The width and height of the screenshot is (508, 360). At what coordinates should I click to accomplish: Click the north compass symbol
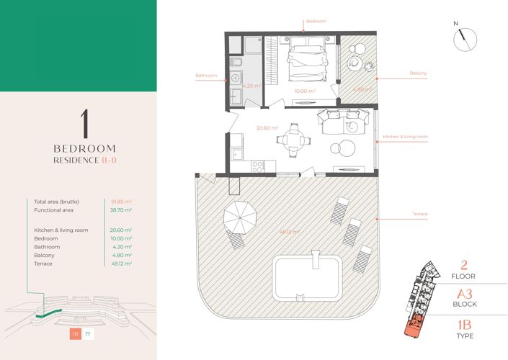point(465,39)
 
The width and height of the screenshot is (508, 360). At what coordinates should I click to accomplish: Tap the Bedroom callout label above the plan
point(316,22)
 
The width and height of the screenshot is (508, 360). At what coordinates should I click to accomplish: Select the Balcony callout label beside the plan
point(418,73)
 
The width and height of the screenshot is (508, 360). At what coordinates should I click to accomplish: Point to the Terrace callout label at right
point(420,214)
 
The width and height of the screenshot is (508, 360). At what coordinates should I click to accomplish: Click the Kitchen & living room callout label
point(405,137)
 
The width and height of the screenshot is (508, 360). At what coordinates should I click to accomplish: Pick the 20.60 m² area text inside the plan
point(267,128)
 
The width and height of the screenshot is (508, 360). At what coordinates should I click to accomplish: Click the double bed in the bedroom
point(306,59)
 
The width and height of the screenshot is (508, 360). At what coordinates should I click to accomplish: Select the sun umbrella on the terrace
point(240,216)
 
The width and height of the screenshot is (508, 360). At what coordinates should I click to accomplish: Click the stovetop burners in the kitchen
point(258,167)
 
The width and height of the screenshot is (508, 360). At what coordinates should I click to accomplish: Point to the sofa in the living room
point(344,122)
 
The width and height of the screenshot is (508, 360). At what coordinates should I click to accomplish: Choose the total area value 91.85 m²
point(121,202)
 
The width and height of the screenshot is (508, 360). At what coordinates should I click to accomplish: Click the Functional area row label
point(53,210)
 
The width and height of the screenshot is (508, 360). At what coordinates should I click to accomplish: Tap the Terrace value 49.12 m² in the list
point(121,264)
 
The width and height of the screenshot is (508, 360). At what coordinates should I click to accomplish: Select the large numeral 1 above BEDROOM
point(84,124)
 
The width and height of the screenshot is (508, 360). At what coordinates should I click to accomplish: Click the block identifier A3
point(465,294)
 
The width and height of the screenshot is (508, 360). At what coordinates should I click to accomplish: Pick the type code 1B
point(465,325)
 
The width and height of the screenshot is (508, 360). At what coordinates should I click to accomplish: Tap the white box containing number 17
point(88,334)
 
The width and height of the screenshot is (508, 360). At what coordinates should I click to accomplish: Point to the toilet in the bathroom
point(236,61)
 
